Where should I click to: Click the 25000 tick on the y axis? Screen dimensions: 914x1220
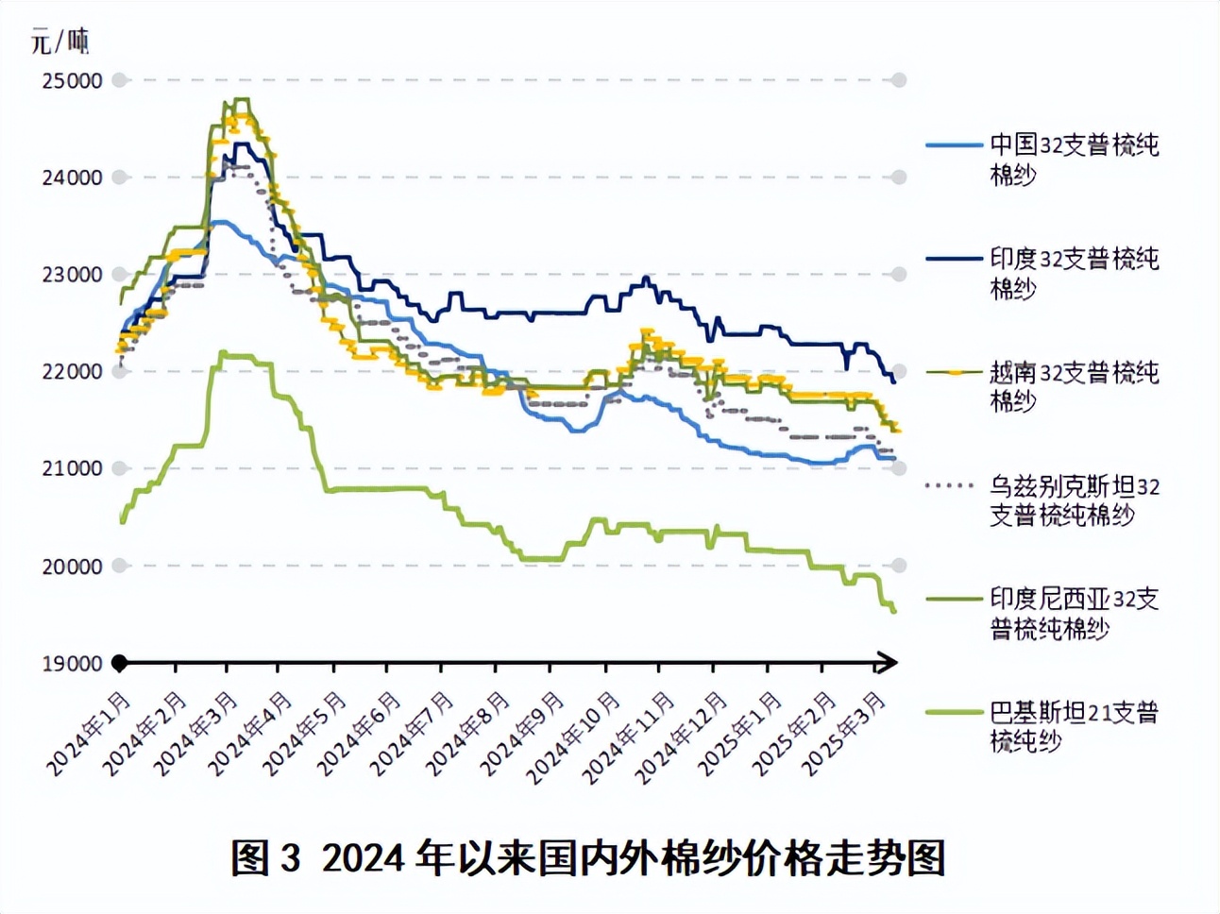click(73, 81)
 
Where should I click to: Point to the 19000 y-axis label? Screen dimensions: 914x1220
click(73, 664)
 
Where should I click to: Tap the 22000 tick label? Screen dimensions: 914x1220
click(73, 372)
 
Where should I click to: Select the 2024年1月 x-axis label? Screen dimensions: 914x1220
click(89, 734)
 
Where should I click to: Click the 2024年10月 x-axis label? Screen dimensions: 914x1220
click(574, 737)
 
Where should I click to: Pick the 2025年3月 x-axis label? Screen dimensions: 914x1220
click(844, 734)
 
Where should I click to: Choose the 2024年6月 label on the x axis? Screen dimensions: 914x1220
click(359, 734)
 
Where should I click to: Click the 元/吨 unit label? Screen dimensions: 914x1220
click(59, 42)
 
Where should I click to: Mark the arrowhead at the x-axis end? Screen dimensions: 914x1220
click(888, 663)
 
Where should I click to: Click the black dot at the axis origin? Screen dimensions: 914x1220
click(120, 663)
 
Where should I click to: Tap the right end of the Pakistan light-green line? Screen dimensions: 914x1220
click(893, 611)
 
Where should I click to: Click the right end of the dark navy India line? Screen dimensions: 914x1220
click(893, 381)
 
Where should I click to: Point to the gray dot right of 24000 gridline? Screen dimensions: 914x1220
click(899, 178)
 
